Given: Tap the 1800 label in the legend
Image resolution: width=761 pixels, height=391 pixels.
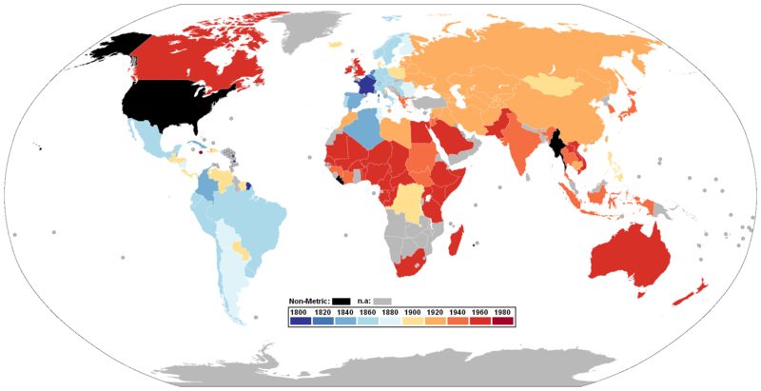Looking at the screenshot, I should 299,311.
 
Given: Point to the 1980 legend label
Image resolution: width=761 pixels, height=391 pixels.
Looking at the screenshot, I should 503,311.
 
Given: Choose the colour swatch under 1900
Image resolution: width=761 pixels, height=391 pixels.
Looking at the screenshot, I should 412,322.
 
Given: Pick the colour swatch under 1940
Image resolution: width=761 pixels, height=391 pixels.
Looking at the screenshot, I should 458,322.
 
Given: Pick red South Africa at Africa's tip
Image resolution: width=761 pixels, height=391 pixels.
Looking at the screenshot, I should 420,260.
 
